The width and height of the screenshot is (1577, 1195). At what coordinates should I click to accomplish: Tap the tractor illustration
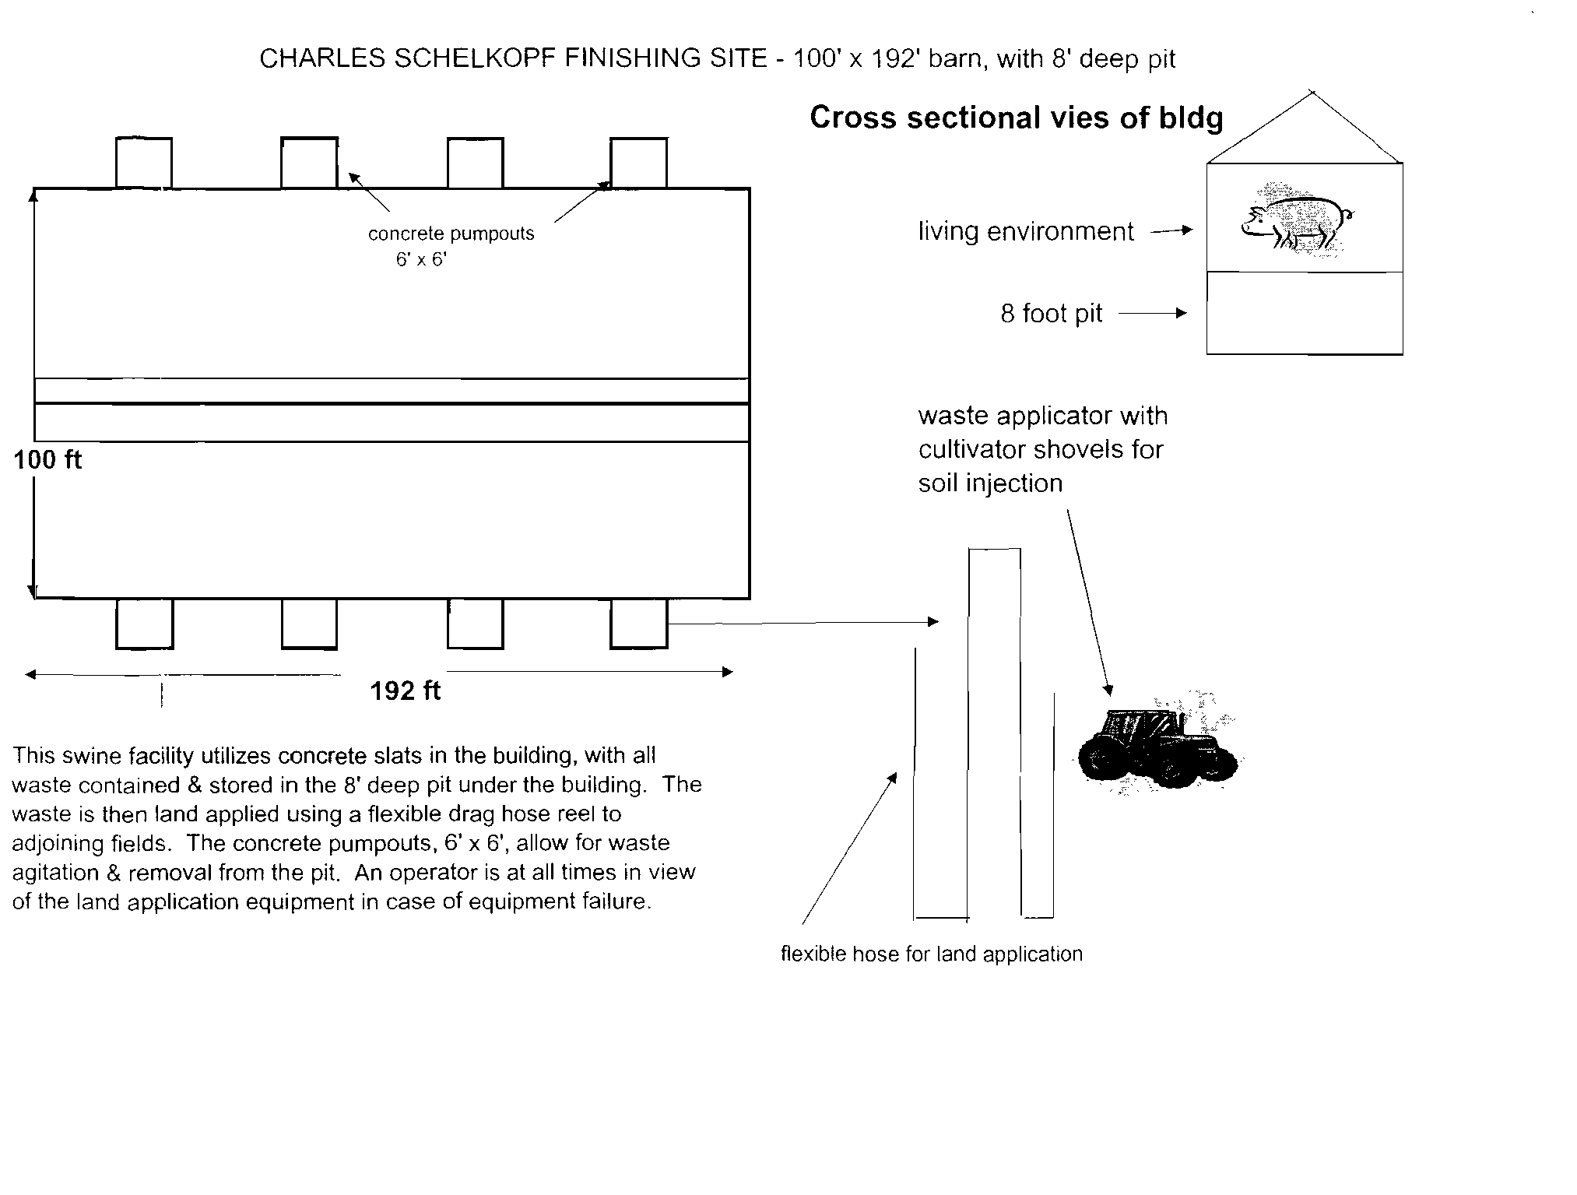coord(1157,744)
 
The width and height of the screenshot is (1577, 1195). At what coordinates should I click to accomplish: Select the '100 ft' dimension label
coord(47,460)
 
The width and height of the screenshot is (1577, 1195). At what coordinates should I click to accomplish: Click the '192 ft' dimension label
coord(405,691)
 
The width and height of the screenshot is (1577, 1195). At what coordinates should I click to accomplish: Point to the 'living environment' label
coord(1026,231)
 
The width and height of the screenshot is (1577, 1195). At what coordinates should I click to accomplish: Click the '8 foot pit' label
coord(1052,313)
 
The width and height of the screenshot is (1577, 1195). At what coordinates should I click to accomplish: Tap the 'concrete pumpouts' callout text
coord(451,234)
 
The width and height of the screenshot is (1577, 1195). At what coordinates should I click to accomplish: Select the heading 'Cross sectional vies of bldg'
coord(1017,118)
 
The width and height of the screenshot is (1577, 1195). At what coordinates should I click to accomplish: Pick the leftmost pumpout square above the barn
coord(144,163)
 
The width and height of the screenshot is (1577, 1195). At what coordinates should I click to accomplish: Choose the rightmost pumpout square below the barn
coord(639,623)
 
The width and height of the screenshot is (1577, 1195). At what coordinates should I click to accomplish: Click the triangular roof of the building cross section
coord(1305,127)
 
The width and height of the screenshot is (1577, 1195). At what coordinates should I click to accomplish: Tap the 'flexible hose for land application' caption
coord(932,954)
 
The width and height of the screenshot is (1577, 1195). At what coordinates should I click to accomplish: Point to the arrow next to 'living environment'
coord(1172,230)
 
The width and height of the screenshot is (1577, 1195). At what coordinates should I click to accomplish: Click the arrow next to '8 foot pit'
coord(1154,313)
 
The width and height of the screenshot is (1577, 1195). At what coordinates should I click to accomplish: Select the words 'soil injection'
coord(990,483)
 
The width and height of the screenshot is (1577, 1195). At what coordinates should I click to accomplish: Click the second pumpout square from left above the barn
coord(309,163)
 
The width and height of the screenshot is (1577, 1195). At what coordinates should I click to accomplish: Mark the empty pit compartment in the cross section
coord(1305,313)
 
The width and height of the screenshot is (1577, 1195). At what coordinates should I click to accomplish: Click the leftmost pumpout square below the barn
coord(144,623)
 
